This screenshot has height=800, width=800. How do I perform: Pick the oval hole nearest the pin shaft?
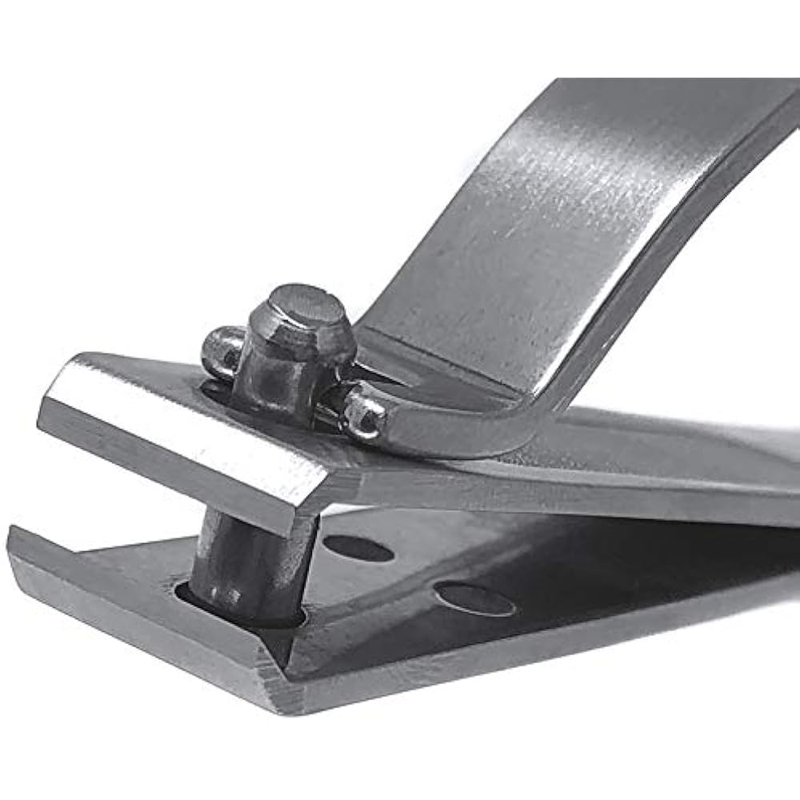click(358, 548)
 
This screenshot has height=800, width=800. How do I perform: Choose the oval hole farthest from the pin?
click(474, 599)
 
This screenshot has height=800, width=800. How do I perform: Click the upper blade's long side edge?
click(560, 496)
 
